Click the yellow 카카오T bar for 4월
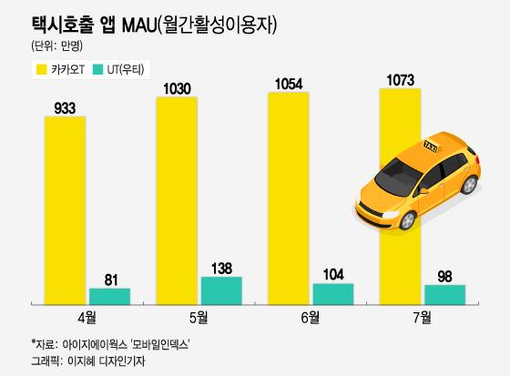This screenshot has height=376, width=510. click(65, 209)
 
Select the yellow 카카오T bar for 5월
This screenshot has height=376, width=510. click(177, 199)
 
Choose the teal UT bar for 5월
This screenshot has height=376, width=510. click(221, 290)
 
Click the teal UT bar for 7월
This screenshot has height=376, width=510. click(445, 294)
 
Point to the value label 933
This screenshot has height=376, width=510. click(65, 107)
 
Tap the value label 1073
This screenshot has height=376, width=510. click(400, 79)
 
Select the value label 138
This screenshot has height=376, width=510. click(221, 268)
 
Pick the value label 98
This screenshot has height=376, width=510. click(445, 276)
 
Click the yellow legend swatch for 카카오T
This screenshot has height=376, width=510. click(41, 69)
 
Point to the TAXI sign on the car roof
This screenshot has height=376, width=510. click(427, 146)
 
